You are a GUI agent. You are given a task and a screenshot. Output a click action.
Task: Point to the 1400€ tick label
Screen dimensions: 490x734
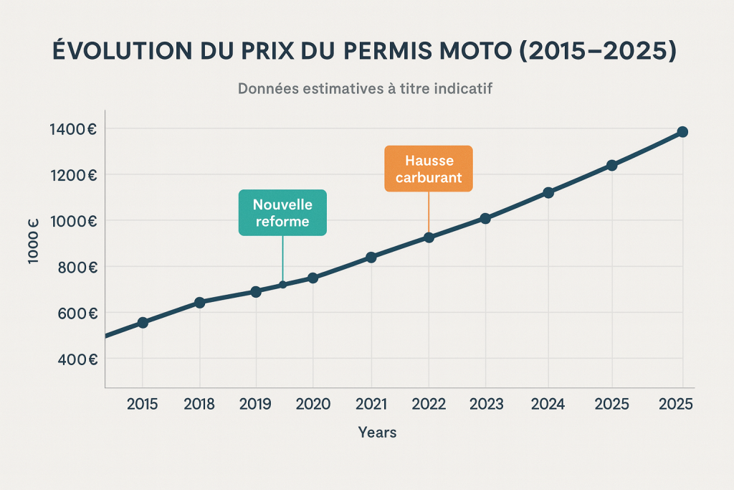(x=73, y=129)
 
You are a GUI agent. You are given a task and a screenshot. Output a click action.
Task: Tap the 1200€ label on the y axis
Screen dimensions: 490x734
(x=73, y=175)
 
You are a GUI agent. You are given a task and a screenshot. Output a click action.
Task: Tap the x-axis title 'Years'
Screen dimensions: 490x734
(x=377, y=433)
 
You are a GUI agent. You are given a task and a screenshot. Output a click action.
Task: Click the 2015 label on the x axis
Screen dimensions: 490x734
(x=143, y=404)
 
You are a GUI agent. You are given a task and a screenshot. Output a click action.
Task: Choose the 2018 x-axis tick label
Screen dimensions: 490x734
(x=199, y=404)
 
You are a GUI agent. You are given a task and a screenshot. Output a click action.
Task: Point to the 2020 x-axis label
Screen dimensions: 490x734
(x=313, y=404)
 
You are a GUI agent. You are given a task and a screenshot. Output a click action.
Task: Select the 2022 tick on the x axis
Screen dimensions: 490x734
(x=429, y=404)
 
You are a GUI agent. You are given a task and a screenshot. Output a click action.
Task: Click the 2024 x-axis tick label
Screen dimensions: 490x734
(x=548, y=404)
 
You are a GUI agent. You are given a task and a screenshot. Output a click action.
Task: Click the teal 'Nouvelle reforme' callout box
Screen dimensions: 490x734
(x=282, y=213)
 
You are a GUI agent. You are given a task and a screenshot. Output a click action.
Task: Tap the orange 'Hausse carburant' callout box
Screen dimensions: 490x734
(x=429, y=169)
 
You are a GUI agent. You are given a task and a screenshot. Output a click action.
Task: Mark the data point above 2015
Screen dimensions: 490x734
(x=143, y=323)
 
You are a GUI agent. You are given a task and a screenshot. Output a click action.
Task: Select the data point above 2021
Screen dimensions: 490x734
(x=371, y=257)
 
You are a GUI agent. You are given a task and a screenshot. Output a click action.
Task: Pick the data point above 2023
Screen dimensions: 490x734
(x=485, y=218)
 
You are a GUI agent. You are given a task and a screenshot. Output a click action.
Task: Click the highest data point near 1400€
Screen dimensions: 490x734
(x=682, y=132)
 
